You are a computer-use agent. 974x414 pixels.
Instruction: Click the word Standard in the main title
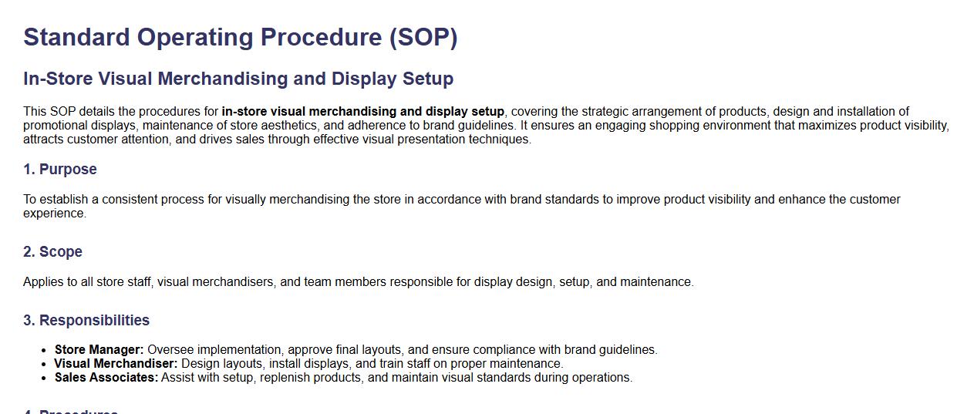76,37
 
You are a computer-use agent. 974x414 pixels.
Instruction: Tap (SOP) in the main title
423,38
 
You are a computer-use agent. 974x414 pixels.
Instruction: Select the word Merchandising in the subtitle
220,79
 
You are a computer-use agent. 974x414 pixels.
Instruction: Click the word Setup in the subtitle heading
428,79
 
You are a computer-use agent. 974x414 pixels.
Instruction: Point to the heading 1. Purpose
60,169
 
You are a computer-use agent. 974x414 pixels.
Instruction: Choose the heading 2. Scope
52,252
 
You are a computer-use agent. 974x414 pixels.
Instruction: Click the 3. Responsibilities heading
86,320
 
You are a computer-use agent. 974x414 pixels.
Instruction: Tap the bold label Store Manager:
99,350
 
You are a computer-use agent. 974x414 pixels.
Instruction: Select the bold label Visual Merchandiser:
116,364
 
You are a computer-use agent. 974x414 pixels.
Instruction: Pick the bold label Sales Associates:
106,378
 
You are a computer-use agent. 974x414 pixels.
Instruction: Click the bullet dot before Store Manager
43,351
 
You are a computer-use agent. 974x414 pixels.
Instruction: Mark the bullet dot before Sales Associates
43,379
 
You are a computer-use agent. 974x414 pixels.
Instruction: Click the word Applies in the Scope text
43,282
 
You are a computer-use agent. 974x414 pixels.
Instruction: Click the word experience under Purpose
54,214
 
